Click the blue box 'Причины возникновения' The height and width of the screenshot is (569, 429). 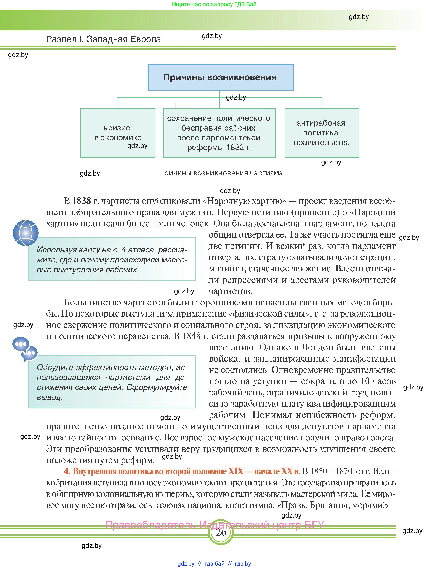click(x=221, y=77)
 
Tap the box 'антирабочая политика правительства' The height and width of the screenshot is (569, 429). click(x=322, y=133)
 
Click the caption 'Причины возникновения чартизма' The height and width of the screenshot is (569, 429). click(x=221, y=173)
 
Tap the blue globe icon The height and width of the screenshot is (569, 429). click(x=26, y=233)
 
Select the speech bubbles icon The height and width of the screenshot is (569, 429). click(x=25, y=349)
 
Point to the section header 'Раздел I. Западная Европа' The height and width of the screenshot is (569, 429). click(x=103, y=39)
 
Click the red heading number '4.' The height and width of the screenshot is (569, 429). click(x=67, y=471)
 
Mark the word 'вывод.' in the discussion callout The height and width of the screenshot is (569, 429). click(x=50, y=397)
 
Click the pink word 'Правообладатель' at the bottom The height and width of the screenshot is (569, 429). click(x=150, y=525)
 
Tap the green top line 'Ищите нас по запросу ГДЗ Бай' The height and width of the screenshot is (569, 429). click(x=214, y=4)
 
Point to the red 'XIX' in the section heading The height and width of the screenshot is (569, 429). click(x=235, y=471)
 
